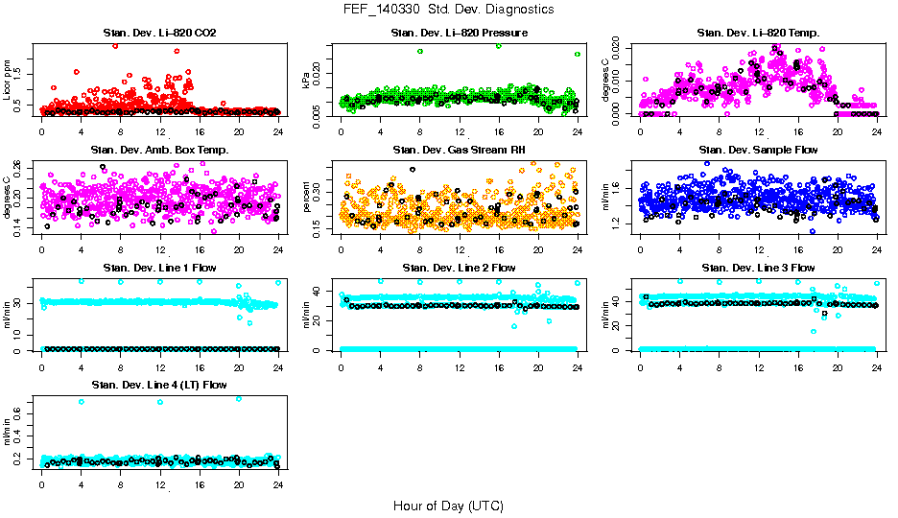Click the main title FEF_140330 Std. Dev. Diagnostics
click(x=448, y=9)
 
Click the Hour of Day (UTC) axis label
click(x=448, y=506)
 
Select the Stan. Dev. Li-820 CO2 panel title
click(x=159, y=34)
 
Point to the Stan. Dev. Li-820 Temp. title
click(x=757, y=34)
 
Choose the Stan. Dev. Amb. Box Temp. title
click(x=159, y=150)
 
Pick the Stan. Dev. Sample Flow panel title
click(x=757, y=150)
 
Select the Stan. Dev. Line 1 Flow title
click(x=159, y=268)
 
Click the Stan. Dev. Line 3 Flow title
click(x=757, y=268)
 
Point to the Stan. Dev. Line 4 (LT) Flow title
click(x=159, y=385)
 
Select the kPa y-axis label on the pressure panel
click(x=307, y=82)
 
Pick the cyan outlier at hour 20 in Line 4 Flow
click(x=238, y=398)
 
